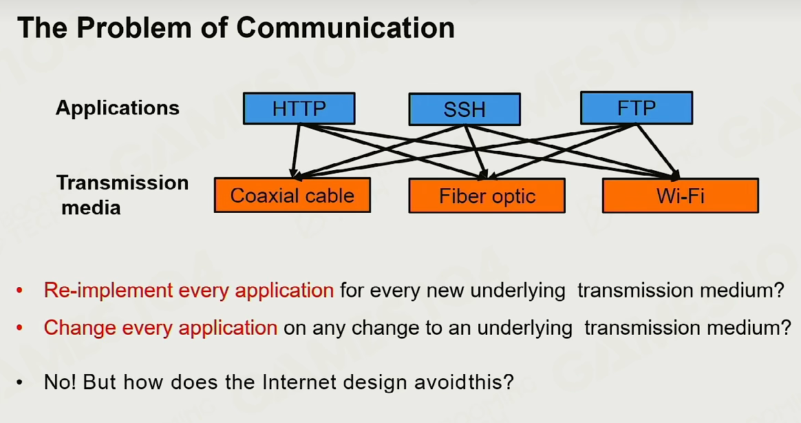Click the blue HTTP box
tap(299, 108)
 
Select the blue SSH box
tap(464, 109)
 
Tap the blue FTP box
tap(637, 108)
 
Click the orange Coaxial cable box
tap(292, 195)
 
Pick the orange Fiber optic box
tap(487, 196)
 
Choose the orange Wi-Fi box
tap(681, 196)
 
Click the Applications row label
tap(118, 108)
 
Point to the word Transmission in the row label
tap(122, 183)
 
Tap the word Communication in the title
tap(345, 28)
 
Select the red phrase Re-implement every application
tap(189, 291)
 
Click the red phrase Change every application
tap(160, 328)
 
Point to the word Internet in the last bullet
tap(299, 382)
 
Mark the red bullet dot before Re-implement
tap(19, 291)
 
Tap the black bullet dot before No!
tap(19, 382)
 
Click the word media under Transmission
tap(91, 207)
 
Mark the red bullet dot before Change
tap(19, 328)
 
